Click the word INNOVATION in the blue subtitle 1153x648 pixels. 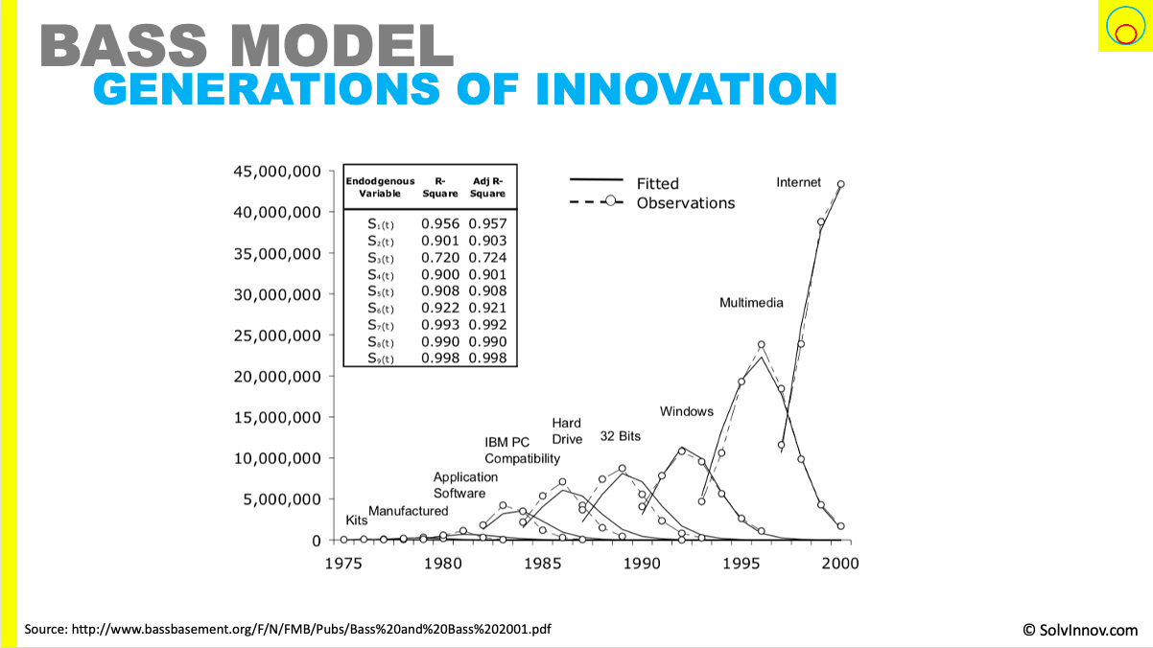686,89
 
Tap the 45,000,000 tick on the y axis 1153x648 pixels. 277,172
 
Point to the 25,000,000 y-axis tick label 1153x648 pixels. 277,336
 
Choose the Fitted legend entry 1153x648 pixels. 657,183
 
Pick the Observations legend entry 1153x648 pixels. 685,203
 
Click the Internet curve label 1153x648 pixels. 798,182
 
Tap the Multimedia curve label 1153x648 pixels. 751,303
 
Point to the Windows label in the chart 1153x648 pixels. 687,411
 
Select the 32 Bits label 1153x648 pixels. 620,436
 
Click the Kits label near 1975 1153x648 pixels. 355,521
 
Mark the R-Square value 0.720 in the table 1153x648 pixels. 440,258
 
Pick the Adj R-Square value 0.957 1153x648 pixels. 488,223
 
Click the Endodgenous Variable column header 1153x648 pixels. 380,186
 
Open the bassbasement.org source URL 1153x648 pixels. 288,630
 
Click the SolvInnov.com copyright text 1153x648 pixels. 1080,630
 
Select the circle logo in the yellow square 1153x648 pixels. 1123,26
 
